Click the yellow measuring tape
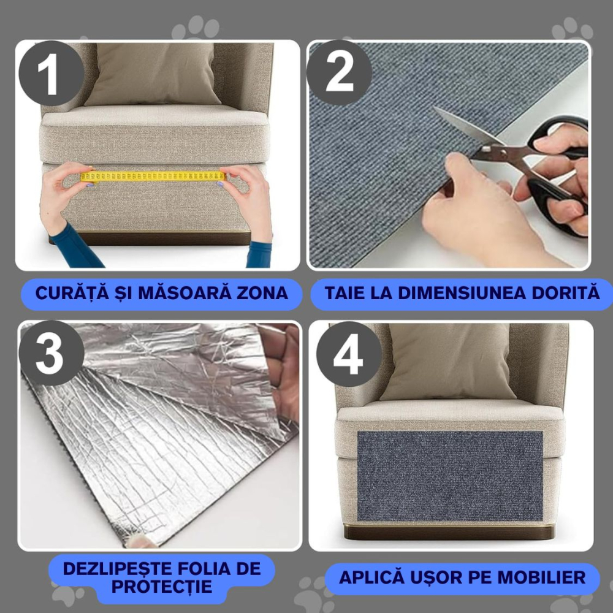tap(153, 177)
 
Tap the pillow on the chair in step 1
tap(153, 74)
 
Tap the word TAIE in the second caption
tap(346, 293)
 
